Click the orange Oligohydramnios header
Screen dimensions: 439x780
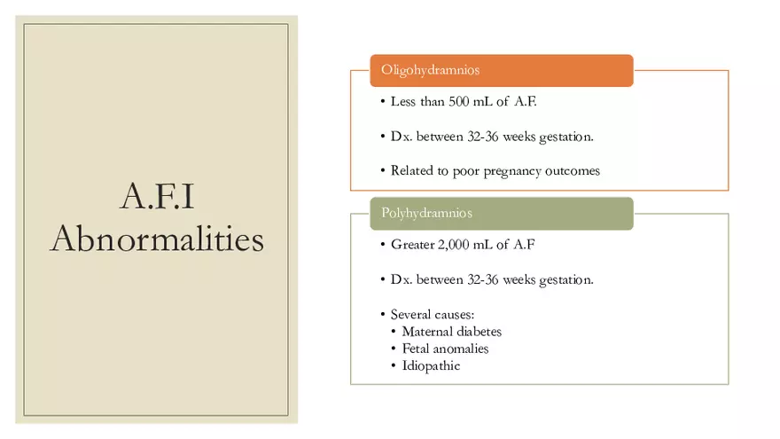coord(501,70)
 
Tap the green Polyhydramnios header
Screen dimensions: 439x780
coord(501,214)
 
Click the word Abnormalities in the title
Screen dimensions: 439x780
coord(157,239)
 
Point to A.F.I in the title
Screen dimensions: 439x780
coord(157,198)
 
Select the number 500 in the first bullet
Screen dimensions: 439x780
coord(460,102)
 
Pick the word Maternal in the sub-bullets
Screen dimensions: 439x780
coord(428,332)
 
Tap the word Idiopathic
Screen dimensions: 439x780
coord(431,365)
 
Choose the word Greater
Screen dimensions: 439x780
coord(412,245)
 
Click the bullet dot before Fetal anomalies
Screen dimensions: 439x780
coord(394,349)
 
